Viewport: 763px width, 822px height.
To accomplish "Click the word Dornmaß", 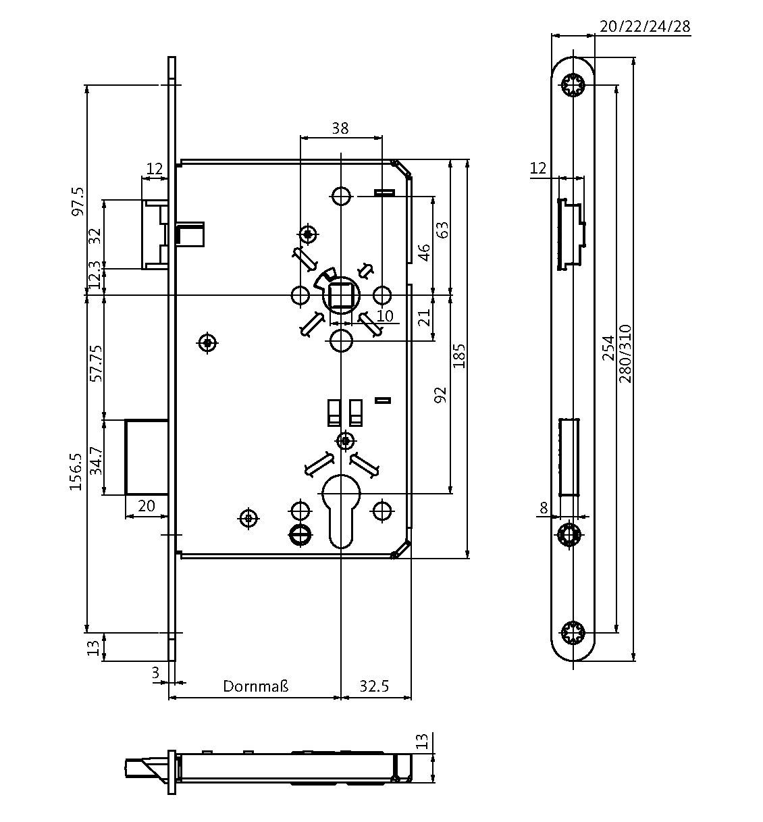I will [x=256, y=686].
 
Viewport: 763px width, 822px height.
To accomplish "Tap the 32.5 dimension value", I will [x=374, y=686].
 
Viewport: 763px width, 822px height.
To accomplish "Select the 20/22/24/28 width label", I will [x=644, y=26].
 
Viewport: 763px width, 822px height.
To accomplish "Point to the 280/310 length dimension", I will [x=625, y=354].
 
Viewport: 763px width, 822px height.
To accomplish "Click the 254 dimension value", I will [x=608, y=347].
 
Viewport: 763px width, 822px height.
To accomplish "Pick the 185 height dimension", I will [x=459, y=356].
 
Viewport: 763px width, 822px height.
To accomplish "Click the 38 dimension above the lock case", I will [x=340, y=128].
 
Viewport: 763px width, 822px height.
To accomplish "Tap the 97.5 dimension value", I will [x=78, y=201].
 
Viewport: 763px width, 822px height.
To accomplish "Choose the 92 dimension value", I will [x=440, y=395].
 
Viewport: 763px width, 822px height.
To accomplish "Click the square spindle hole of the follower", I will [x=340, y=296].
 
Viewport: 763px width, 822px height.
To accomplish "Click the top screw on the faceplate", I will [x=573, y=85].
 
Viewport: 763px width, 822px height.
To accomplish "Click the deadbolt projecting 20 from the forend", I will [x=147, y=457].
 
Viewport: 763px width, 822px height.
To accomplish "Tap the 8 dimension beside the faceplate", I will [x=544, y=507].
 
